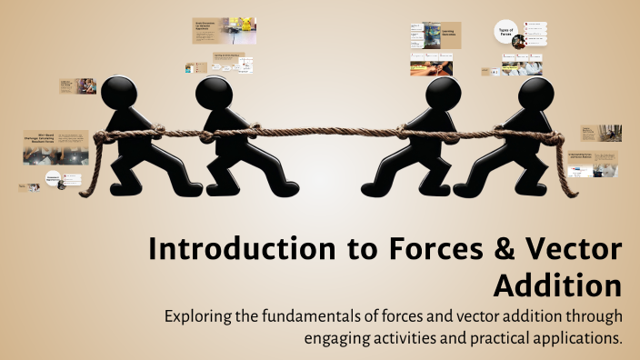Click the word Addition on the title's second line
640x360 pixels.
[558, 285]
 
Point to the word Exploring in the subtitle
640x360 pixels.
[200, 317]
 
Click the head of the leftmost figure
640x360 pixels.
[117, 92]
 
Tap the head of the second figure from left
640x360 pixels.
[215, 92]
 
